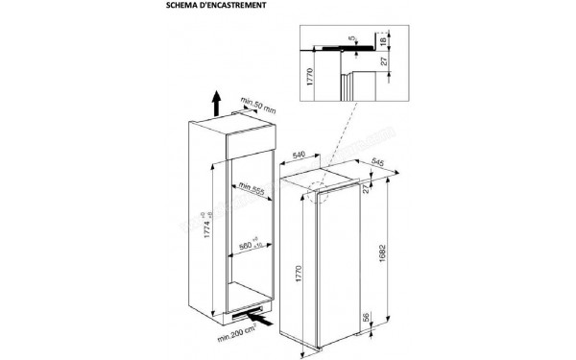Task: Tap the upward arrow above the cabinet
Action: click(218, 101)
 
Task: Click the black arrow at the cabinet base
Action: click(256, 310)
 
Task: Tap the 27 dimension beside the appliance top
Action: click(366, 188)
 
